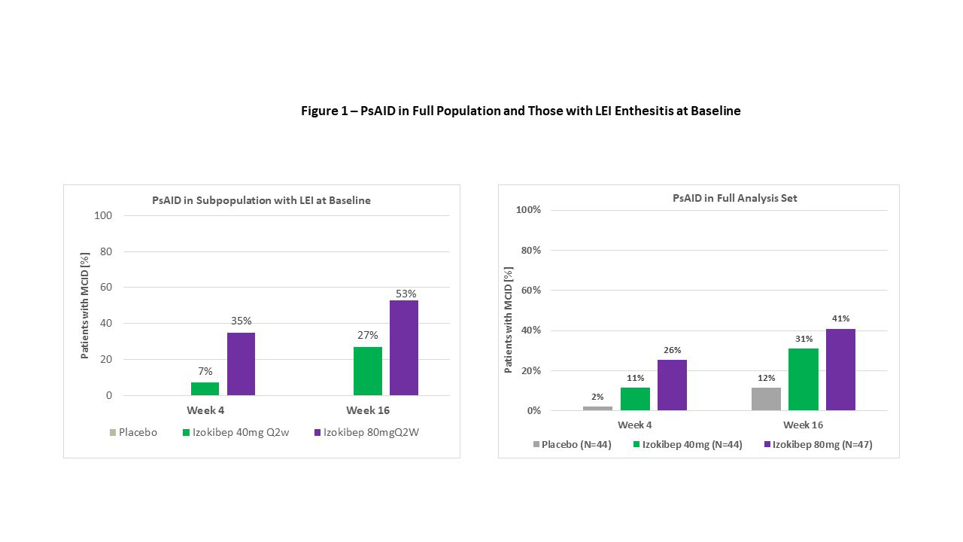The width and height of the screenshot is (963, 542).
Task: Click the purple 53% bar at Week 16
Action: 403,348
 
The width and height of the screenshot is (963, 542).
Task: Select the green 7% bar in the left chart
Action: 205,388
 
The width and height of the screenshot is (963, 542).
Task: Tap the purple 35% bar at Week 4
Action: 241,364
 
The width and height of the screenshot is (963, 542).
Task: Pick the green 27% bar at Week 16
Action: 367,370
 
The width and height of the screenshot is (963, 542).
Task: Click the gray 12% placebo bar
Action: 766,399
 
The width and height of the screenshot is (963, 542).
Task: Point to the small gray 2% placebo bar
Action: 597,408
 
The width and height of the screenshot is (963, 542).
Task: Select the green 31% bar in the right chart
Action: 804,379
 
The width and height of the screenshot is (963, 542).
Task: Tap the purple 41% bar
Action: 840,370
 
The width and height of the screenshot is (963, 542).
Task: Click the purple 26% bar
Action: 672,385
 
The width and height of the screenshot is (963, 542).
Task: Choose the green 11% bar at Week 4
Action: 635,399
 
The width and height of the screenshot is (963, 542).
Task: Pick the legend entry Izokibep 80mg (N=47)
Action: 822,444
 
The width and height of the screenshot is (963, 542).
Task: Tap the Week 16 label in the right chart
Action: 803,425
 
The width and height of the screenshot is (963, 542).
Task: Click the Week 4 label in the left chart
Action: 205,410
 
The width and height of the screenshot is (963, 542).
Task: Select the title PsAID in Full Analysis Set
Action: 734,198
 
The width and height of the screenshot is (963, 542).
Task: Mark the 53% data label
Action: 406,294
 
